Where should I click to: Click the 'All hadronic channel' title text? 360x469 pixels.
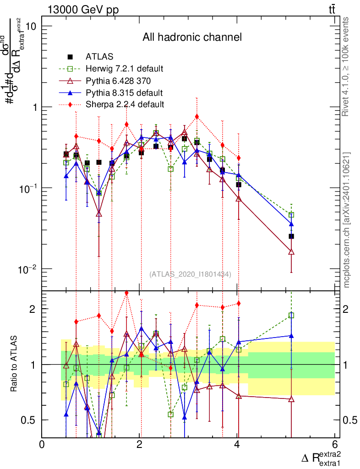(x=192, y=37)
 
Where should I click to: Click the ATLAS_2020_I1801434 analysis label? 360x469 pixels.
(x=190, y=274)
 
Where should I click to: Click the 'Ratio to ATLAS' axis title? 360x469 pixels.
(x=14, y=364)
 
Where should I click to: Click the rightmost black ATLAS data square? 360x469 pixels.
(x=291, y=236)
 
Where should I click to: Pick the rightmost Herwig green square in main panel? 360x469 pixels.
(x=291, y=215)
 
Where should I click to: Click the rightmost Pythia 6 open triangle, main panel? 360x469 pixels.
(x=291, y=252)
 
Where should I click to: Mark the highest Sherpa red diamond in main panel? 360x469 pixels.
(x=197, y=116)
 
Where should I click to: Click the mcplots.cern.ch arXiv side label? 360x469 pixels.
(x=347, y=220)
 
